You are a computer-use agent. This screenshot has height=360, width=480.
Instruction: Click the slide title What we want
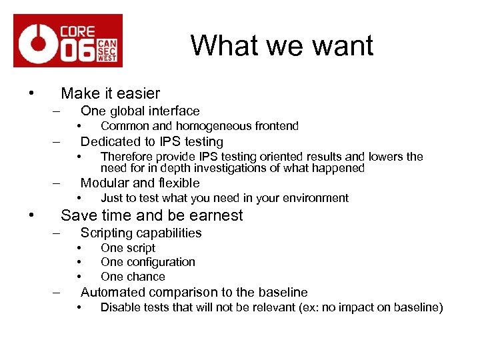click(282, 45)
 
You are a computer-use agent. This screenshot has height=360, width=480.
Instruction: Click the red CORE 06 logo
click(68, 41)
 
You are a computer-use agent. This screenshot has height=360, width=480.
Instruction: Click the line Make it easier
click(110, 93)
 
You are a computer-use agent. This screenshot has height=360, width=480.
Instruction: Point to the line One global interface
click(140, 111)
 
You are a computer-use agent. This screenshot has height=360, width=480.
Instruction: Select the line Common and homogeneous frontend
click(199, 126)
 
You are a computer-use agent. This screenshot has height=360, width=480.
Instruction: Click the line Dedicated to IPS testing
click(151, 141)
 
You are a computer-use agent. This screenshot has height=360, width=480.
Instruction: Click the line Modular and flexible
click(140, 183)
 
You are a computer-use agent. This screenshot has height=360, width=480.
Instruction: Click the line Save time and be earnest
click(152, 215)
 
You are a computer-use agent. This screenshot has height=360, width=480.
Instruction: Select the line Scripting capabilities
click(141, 233)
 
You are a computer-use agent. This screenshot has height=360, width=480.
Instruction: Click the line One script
click(128, 248)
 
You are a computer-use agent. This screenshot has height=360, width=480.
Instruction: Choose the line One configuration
click(148, 262)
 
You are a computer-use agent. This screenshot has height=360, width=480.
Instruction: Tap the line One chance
click(133, 277)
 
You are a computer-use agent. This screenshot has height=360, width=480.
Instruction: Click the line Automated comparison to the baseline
click(194, 292)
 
